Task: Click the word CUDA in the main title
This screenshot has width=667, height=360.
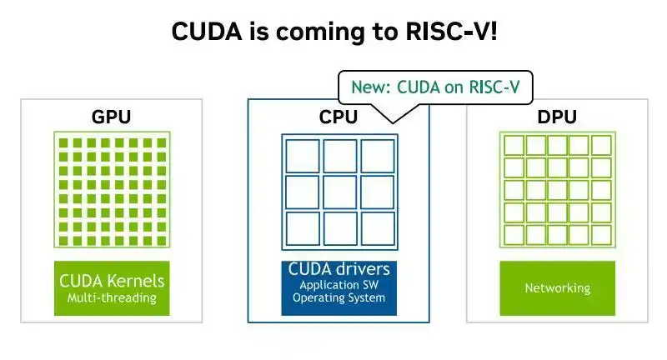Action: [207, 32]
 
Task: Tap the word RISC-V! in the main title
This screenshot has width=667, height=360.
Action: [451, 32]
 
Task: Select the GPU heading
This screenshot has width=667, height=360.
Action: [112, 117]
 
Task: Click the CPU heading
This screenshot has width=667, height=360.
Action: [339, 117]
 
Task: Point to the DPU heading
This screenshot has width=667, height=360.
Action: [557, 117]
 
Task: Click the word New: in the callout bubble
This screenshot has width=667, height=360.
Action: [370, 87]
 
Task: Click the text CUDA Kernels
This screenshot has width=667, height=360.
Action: [112, 281]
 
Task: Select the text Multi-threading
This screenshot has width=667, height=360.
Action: [112, 297]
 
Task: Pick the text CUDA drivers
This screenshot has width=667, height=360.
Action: [339, 269]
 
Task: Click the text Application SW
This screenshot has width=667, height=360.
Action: [339, 285]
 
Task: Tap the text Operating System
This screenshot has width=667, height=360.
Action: [339, 297]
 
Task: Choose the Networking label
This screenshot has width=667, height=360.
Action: [558, 288]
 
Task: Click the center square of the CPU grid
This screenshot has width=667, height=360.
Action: [340, 192]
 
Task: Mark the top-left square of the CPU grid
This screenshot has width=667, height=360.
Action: [303, 156]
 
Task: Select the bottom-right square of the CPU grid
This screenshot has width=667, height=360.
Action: [378, 228]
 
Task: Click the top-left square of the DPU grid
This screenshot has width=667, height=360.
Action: [514, 145]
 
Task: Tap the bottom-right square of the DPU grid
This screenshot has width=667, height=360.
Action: [601, 235]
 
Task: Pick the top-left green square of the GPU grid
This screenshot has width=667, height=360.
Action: [63, 142]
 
